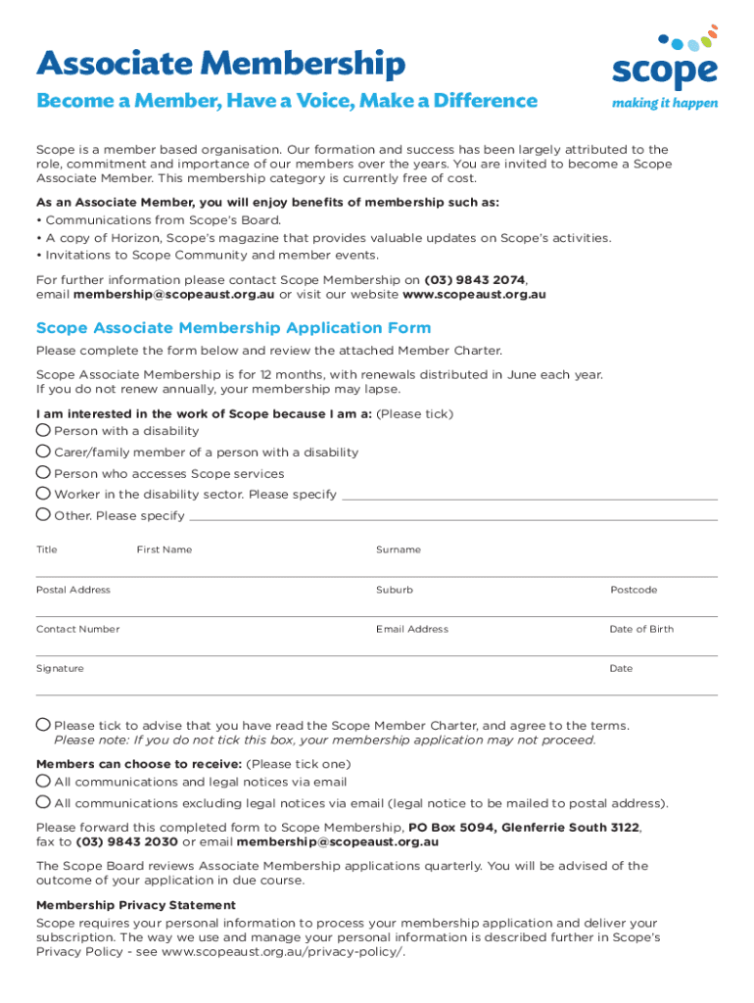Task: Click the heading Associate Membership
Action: (220, 65)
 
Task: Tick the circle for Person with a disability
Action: (43, 430)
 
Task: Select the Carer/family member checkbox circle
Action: (43, 452)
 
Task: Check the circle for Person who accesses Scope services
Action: (43, 473)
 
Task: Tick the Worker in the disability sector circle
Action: (43, 494)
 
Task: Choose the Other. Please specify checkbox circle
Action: (43, 515)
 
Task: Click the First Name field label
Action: (165, 549)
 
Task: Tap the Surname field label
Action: (399, 549)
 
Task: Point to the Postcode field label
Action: (634, 590)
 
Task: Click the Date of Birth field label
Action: (641, 629)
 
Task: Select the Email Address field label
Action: (412, 629)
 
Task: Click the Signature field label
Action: (60, 668)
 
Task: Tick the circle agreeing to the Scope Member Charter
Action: (43, 725)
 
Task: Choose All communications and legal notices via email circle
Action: (43, 782)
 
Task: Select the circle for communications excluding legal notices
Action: (43, 803)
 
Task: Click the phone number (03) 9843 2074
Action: (475, 279)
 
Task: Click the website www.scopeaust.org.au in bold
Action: (475, 294)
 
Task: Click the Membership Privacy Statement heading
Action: (136, 905)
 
